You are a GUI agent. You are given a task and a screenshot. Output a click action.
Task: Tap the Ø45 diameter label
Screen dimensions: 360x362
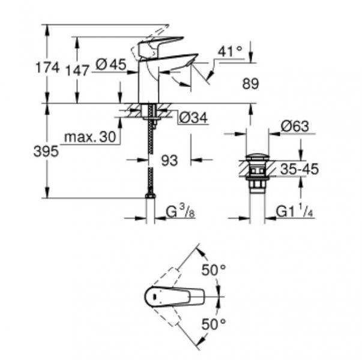[x=111, y=65]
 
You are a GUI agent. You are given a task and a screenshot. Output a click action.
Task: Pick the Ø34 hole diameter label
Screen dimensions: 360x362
[x=192, y=119]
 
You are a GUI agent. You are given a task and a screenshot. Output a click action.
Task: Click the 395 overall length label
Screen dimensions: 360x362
[x=46, y=152]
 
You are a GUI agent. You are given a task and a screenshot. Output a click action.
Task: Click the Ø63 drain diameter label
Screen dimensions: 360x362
[x=294, y=127]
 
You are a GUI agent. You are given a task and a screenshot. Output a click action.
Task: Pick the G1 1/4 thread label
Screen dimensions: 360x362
[x=295, y=212]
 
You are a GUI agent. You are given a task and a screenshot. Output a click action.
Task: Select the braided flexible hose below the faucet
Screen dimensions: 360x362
[x=150, y=156]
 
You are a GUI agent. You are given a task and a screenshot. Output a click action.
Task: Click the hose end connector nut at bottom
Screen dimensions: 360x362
[x=150, y=195]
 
